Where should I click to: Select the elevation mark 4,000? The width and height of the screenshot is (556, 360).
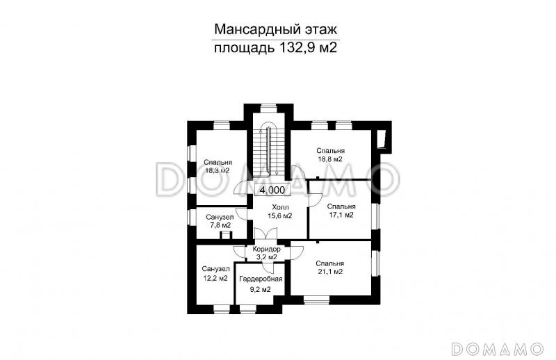[x=271, y=190]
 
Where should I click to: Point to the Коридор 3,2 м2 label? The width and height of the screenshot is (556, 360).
[x=267, y=253]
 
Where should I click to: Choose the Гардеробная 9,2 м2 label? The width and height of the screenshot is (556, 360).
[x=255, y=283]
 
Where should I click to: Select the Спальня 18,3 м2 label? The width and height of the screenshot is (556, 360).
[x=218, y=166]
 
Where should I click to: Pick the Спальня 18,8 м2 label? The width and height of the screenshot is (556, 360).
[x=330, y=155]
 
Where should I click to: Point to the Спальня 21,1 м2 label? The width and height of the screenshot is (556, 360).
[x=329, y=268]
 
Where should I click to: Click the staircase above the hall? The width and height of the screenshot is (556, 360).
[x=268, y=149]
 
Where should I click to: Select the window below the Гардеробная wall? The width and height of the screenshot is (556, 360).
[x=257, y=306]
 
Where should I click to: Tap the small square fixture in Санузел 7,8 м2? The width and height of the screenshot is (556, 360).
[x=224, y=236]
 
